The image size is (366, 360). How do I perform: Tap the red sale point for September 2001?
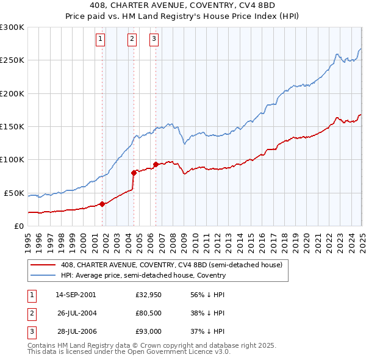tap(102, 204)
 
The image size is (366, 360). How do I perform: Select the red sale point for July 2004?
tap(134, 173)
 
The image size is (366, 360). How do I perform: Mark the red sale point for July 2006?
tap(156, 164)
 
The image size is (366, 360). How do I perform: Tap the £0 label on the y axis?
tap(18, 226)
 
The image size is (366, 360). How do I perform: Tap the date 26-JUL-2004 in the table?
tap(76, 314)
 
